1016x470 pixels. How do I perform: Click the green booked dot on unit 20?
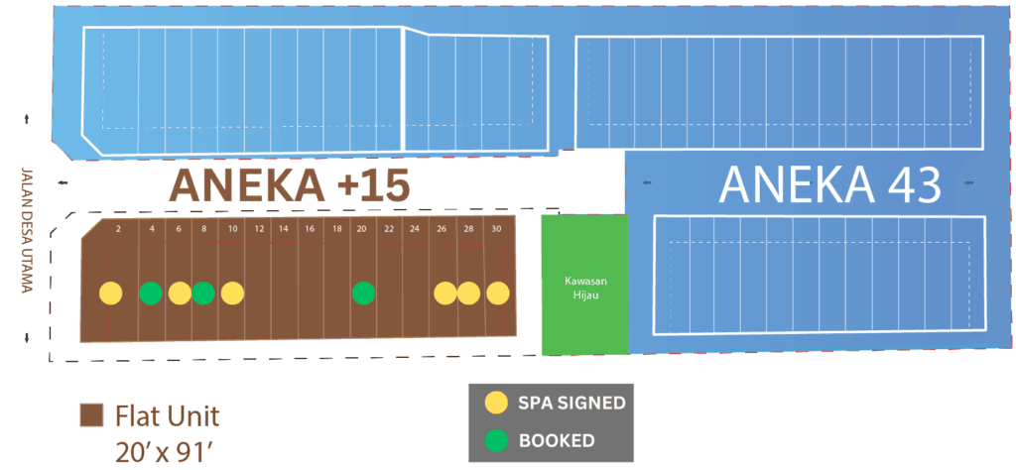[363, 293]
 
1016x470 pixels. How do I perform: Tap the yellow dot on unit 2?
[110, 293]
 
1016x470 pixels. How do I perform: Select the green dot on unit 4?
[151, 293]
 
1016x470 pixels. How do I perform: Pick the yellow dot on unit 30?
[497, 293]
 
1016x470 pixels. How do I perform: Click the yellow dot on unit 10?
[232, 293]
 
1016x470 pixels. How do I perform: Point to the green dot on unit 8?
[202, 293]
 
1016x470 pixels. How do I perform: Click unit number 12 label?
[258, 229]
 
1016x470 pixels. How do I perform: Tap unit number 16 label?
[310, 229]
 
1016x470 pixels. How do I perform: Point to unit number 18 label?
[335, 229]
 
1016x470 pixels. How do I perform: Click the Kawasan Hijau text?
[584, 287]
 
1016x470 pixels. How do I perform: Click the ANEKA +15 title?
[291, 185]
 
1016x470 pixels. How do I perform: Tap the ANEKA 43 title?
[828, 184]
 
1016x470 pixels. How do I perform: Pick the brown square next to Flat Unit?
[91, 413]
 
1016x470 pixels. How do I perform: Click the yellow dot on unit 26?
[444, 293]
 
